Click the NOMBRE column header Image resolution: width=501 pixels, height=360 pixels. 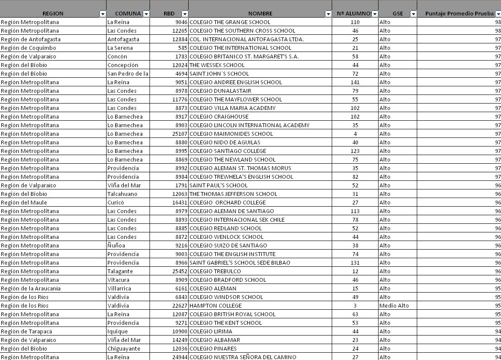pos(260,14)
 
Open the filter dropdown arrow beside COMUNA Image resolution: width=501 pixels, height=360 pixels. pos(146,14)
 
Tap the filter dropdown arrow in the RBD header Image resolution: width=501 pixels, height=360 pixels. pos(185,14)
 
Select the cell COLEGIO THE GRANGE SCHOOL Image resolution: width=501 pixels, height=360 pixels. pos(230,22)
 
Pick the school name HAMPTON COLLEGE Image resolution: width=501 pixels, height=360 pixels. pos(216,306)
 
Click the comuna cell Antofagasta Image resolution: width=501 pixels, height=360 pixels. pos(120,40)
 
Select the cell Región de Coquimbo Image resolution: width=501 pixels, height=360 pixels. pos(29,48)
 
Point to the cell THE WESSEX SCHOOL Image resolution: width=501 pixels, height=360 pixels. pos(217,65)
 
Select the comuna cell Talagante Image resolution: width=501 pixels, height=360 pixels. pos(120,272)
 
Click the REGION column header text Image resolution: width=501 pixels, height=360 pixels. pos(52,14)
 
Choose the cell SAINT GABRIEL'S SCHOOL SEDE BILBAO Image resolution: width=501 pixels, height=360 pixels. pos(240,263)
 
